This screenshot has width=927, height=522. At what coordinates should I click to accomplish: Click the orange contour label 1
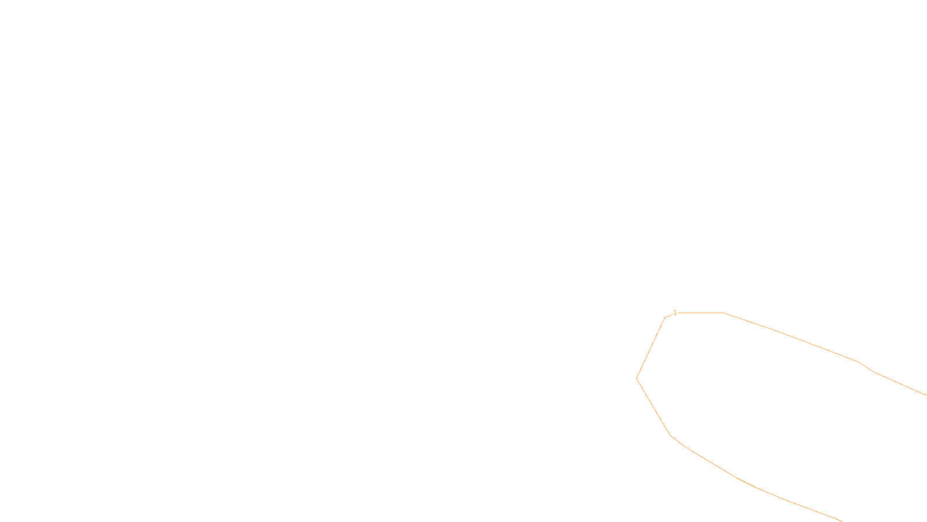pyautogui.click(x=675, y=313)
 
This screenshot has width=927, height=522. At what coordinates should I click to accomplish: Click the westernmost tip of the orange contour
pyautogui.click(x=637, y=378)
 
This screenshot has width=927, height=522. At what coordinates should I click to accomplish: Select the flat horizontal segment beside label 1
pyautogui.click(x=701, y=313)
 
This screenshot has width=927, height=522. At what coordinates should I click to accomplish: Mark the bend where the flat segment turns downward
pyautogui.click(x=724, y=313)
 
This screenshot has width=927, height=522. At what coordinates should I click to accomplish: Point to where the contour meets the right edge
pyautogui.click(x=925, y=394)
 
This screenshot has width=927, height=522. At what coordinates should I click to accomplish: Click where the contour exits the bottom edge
pyautogui.click(x=840, y=520)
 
